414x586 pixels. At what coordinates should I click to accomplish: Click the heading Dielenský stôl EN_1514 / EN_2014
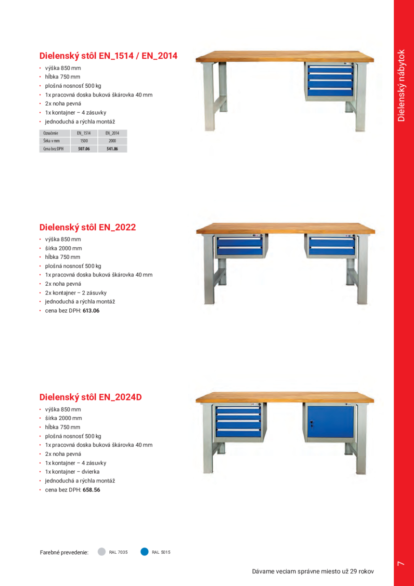(108, 56)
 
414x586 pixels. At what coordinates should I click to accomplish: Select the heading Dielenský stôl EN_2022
(88, 227)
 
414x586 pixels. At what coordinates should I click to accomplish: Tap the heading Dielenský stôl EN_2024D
(91, 398)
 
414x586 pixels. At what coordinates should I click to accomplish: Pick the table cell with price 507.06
(84, 149)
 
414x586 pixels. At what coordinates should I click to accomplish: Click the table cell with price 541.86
(113, 149)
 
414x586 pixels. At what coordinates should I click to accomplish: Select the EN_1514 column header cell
(84, 133)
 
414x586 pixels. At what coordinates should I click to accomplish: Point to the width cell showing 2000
(113, 141)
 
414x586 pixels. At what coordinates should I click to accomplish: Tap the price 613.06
(91, 311)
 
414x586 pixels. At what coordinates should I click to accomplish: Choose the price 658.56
(91, 490)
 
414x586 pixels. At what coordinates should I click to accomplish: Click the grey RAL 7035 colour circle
(102, 552)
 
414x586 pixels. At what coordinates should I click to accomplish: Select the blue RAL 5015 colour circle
(144, 552)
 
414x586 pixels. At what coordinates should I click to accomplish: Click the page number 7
(401, 563)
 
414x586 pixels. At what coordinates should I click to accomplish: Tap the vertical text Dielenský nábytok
(402, 85)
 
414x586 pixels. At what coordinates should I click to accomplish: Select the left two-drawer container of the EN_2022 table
(239, 246)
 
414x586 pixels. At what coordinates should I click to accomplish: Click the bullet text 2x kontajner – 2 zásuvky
(76, 293)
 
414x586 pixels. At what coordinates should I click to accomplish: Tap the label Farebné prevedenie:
(64, 552)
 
